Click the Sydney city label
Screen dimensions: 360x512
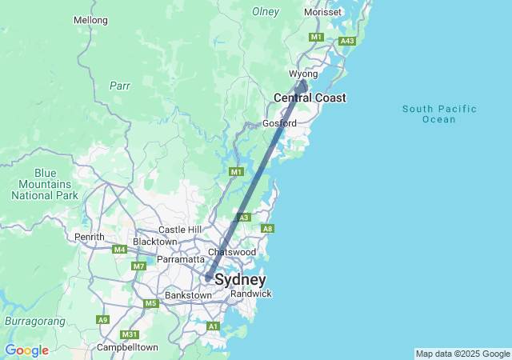pos(240,280)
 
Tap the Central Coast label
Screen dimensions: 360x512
pos(310,98)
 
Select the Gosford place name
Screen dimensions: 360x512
pos(279,123)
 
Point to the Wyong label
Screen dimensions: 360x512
pos(304,74)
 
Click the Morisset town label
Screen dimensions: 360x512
pos(323,13)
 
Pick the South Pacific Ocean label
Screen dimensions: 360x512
pos(439,114)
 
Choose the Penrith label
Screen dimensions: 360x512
pos(89,237)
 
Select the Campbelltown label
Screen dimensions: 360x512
pos(127,347)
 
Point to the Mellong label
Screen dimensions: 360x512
pos(90,20)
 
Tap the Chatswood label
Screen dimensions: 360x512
pos(231,252)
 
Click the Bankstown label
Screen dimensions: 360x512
pos(188,295)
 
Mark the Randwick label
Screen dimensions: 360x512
pos(251,294)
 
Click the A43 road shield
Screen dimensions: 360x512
pos(347,41)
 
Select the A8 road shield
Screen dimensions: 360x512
pos(268,229)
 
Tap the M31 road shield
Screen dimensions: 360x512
pos(129,334)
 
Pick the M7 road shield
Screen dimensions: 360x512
pos(139,266)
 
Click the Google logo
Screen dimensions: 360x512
pos(26,350)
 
